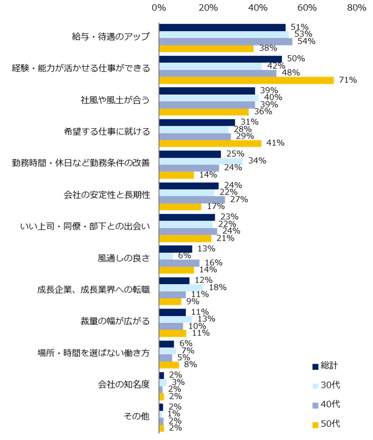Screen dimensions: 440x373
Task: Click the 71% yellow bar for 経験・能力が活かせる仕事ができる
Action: click(246, 80)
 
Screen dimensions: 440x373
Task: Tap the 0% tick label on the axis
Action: click(159, 8)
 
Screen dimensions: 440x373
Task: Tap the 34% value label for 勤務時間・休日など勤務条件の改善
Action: click(257, 161)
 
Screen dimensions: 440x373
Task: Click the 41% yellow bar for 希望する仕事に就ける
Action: click(210, 143)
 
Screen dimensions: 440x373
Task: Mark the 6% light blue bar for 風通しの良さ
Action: click(166, 256)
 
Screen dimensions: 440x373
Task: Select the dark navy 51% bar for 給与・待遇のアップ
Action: click(222, 27)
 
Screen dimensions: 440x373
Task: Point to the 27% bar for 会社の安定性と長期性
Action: click(192, 199)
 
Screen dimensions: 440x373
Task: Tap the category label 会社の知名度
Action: click(124, 384)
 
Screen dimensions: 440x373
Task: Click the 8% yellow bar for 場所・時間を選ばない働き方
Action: click(169, 365)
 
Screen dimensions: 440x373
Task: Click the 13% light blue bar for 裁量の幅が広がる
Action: click(176, 319)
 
